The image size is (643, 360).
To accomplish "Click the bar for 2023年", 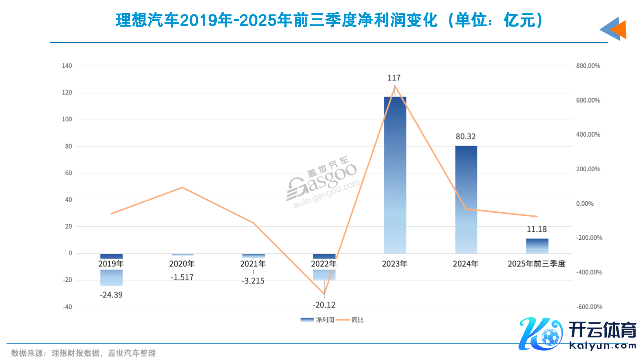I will pos(395,175).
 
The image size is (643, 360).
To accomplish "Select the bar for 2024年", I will pos(466,199).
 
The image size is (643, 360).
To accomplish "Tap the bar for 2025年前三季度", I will pos(537,246).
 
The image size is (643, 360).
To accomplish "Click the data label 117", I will pos(394,78).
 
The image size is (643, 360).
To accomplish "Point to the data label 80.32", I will pos(466,137).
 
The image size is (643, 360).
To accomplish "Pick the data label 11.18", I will pos(537,229).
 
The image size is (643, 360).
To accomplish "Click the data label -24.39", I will pos(111,295).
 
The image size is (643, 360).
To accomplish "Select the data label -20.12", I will pos(324,305).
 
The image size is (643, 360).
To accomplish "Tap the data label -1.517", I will pos(182,277).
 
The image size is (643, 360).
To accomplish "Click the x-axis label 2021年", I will pos(253,264).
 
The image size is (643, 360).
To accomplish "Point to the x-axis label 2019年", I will pos(111,264).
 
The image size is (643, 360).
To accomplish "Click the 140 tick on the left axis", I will pos(67,66).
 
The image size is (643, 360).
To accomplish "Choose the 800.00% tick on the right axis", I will pos(588,66).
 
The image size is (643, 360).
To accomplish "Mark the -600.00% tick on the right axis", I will pos(589,307).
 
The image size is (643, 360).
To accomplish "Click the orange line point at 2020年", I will pos(182,187).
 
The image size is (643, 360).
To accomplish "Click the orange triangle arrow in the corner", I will pos(619,30).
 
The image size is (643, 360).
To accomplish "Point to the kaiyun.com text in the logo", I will pos(603,346).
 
